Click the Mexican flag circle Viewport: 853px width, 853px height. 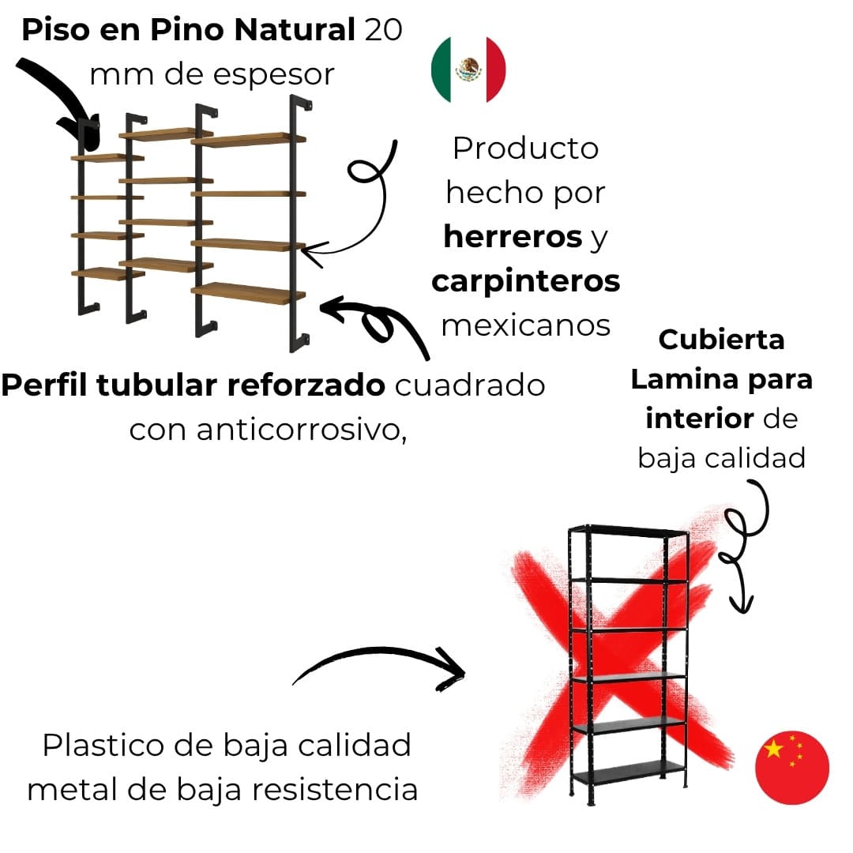[468, 69]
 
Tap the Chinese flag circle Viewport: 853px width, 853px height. [791, 767]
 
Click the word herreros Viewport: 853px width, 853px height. [512, 236]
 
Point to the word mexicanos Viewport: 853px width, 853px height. [526, 325]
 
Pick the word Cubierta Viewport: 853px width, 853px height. [721, 340]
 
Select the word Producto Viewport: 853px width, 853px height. [525, 148]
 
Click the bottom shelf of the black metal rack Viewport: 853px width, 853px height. [629, 771]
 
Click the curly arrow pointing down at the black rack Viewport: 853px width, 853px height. [742, 553]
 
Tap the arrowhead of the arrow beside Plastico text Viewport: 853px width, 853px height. [452, 668]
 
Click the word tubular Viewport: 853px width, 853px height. [162, 385]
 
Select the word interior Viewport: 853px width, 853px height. [699, 418]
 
